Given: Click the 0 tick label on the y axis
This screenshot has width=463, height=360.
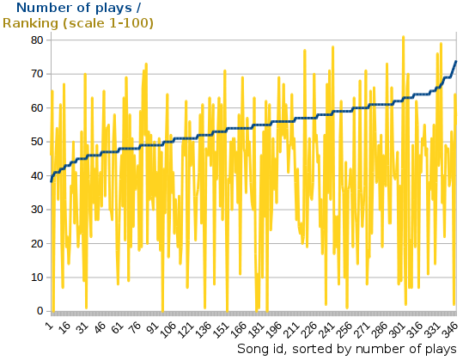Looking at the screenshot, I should click(x=38, y=311).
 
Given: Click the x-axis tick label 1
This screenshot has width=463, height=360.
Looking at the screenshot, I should click(x=50, y=324).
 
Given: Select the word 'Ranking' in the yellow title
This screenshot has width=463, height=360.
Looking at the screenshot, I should click(x=31, y=23).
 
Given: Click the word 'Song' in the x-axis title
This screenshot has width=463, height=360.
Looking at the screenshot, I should click(x=254, y=349).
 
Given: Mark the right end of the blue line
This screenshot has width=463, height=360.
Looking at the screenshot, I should click(x=455, y=61).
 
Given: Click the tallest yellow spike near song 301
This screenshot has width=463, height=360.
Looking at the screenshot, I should click(x=403, y=38).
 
